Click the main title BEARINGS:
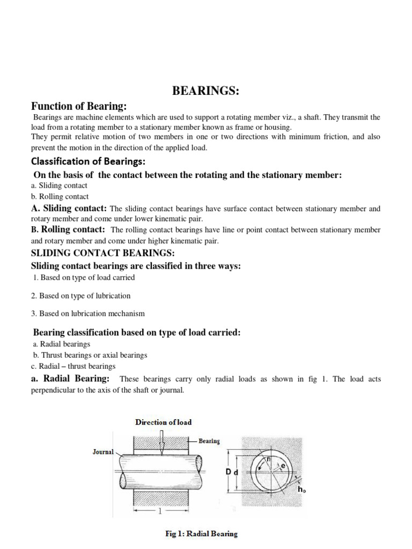click(205, 91)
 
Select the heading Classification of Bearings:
click(89, 161)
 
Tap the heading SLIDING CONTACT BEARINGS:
click(103, 253)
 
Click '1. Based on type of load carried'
click(84, 278)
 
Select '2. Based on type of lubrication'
click(81, 295)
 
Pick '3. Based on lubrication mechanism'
click(88, 313)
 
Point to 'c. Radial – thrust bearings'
click(73, 366)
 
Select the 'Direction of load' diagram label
click(164, 422)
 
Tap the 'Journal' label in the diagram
click(103, 452)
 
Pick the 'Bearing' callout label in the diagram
click(209, 441)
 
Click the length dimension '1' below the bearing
click(159, 511)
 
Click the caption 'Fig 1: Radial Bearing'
click(201, 534)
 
